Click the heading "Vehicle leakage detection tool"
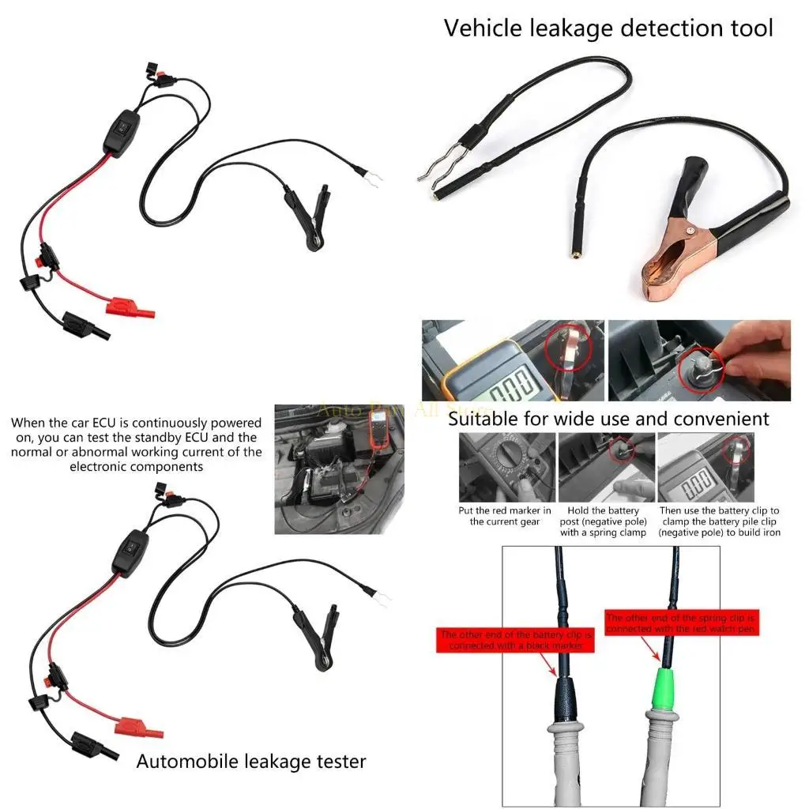click(608, 28)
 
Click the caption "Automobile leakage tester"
click(251, 762)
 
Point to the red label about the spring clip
click(682, 623)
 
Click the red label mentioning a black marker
click(515, 640)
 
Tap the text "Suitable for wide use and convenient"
click(608, 418)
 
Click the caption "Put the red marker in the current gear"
click(505, 516)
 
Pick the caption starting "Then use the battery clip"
click(719, 521)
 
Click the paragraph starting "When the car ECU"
click(136, 445)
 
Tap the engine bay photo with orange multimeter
click(339, 469)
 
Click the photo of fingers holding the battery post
click(698, 360)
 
